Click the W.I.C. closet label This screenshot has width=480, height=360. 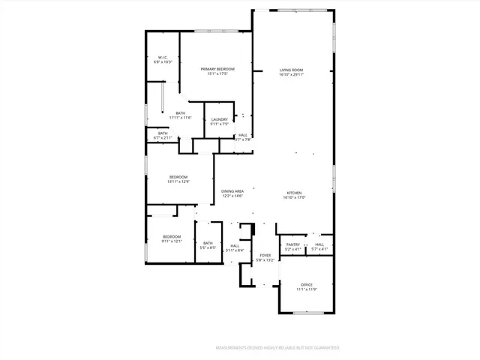[163, 58]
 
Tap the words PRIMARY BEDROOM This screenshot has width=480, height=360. [217, 69]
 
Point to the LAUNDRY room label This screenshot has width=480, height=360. [219, 120]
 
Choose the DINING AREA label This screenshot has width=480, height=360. [232, 191]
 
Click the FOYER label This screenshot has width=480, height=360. [265, 256]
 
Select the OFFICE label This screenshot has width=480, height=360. [306, 285]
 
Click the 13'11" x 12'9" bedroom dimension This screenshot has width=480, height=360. [178, 181]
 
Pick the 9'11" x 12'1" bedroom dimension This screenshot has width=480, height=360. [172, 241]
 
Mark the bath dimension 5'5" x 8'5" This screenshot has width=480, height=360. [208, 247]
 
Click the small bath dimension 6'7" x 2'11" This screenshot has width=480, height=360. [163, 138]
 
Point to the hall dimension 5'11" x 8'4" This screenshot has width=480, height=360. [235, 250]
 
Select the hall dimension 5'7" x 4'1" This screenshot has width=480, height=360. [319, 248]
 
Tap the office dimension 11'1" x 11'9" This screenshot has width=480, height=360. [306, 289]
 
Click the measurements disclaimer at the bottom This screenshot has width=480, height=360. [277, 348]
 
